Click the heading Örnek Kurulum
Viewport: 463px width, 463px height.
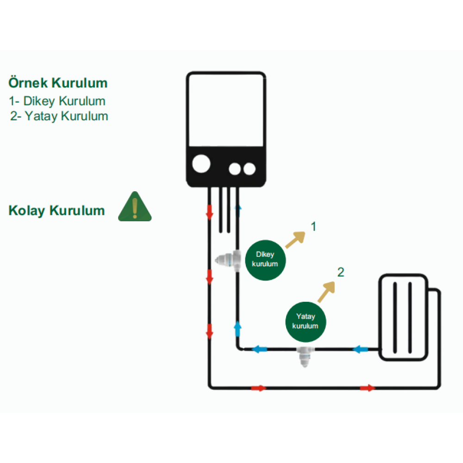click(x=58, y=83)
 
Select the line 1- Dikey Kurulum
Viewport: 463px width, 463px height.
click(x=57, y=101)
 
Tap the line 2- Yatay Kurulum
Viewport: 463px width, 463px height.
click(x=59, y=116)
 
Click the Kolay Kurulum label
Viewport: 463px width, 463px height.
click(x=56, y=211)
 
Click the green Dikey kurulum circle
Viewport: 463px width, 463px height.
click(x=265, y=260)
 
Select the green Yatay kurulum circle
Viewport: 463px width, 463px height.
click(x=306, y=322)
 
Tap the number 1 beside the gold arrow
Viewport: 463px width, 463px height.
click(x=313, y=226)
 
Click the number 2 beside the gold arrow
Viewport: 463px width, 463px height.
click(x=341, y=272)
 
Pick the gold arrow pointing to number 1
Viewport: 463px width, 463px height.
click(x=295, y=239)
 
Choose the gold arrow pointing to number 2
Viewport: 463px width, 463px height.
click(x=326, y=292)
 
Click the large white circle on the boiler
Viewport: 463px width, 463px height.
click(x=201, y=163)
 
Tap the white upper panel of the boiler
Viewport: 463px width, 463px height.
click(x=226, y=110)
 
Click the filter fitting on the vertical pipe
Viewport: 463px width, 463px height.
click(x=228, y=260)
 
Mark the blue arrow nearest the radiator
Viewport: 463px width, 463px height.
click(x=361, y=349)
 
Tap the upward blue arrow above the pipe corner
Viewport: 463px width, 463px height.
click(x=238, y=328)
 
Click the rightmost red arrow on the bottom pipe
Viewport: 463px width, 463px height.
click(x=368, y=388)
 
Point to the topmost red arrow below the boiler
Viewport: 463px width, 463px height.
click(x=209, y=212)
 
